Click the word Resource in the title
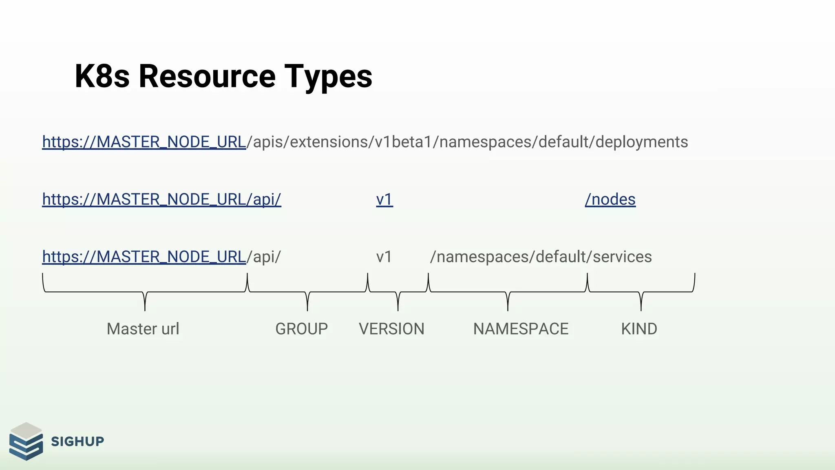207,76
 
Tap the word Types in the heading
328,76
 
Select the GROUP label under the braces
301,329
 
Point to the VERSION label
391,329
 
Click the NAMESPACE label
521,329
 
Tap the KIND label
639,329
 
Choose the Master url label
143,329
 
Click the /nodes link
610,200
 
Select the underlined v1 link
384,200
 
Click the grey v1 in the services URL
384,257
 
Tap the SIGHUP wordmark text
77,441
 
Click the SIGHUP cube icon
26,441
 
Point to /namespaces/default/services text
541,257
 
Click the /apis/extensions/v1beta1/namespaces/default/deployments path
467,142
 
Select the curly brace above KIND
641,292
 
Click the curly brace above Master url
145,292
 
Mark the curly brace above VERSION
398,292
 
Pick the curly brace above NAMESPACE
508,292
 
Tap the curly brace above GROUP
307,292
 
